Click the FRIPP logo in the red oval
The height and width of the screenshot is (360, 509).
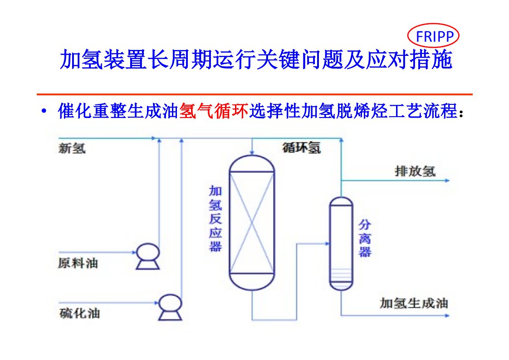point(433,36)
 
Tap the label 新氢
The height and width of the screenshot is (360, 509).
point(72,148)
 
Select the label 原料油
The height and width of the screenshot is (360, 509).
point(78,263)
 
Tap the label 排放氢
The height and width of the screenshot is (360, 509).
point(415,171)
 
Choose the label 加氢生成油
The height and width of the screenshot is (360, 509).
point(413,303)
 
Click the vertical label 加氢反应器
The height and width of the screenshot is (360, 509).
point(215,218)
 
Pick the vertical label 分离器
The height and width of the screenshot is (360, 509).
point(365,238)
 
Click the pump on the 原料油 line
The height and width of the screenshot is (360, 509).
point(147,256)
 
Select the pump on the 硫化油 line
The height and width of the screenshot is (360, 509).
point(170,306)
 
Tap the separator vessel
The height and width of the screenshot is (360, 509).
point(341,243)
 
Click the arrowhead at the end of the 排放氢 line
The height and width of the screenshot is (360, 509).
point(447,181)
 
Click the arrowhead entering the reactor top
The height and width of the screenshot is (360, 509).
point(252,152)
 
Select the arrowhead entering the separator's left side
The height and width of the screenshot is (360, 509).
point(327,244)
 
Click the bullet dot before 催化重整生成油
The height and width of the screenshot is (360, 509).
point(44,111)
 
